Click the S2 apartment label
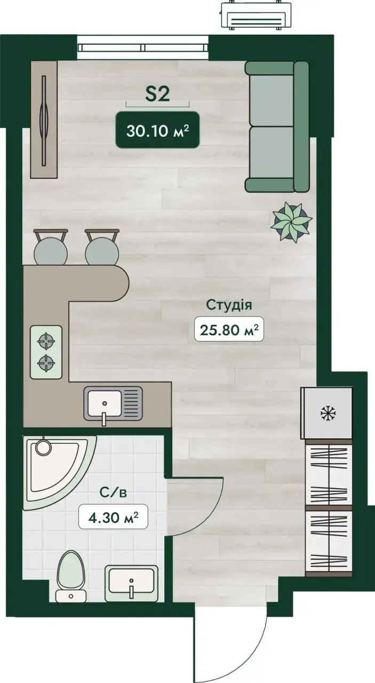coord(157,94)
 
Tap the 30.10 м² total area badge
coord(157,130)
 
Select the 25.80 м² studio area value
coord(229,329)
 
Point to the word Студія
coord(229,305)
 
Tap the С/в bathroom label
coord(113,493)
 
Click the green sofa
coord(277,126)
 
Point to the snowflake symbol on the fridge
coord(328,414)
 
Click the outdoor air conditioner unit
coord(255,16)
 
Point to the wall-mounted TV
coord(44,121)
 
